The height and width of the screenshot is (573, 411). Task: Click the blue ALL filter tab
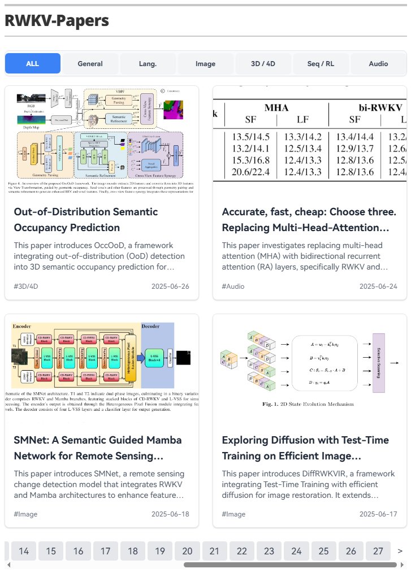pos(33,64)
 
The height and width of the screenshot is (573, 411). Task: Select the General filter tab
pos(90,64)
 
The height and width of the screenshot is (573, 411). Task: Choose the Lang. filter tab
pos(148,64)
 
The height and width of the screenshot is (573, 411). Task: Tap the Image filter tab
pos(206,64)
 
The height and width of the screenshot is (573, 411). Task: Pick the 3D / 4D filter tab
pos(263,64)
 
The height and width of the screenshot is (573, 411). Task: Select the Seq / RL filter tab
pos(321,64)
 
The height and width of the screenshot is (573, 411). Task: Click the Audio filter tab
pos(378,64)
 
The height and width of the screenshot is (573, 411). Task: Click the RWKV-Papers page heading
pos(57,21)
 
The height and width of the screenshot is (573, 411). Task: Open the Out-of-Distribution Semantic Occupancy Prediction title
pos(85,220)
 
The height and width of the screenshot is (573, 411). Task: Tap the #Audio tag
pos(233,286)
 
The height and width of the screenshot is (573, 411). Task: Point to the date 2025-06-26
pos(170,286)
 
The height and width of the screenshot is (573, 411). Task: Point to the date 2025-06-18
pos(170,514)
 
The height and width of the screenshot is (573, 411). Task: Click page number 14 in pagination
pos(24,551)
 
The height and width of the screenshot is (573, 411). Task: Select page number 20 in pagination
pos(187,551)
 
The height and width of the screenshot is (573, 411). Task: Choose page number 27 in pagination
pos(378,551)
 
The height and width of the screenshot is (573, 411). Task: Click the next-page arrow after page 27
pos(400,551)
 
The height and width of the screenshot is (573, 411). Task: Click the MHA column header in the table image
pos(276,107)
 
